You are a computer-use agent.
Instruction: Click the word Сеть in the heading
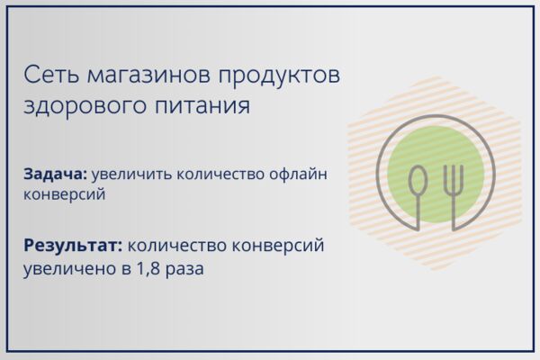(51, 75)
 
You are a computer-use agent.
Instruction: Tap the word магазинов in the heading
(148, 76)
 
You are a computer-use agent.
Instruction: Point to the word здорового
(85, 106)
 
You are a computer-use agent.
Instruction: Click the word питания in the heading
(202, 106)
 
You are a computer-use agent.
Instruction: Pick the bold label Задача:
(56, 175)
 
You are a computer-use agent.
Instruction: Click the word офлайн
(298, 175)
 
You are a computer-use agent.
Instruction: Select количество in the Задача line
(220, 175)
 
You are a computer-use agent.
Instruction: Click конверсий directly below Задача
(65, 194)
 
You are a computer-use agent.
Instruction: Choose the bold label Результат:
(73, 247)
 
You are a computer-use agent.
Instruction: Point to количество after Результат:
(177, 246)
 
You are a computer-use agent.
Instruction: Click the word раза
(184, 269)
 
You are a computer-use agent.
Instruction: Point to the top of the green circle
(436, 126)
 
